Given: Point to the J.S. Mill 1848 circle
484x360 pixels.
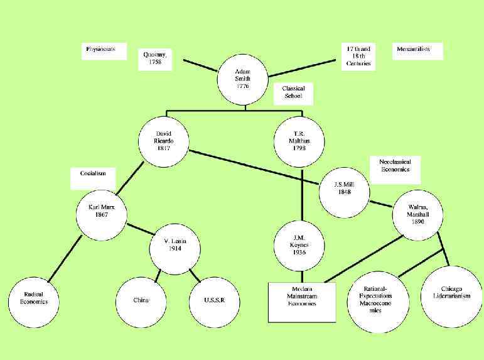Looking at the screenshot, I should click(x=343, y=188).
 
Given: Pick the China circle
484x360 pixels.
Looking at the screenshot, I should click(x=141, y=300).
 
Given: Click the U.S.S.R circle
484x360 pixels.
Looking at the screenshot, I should click(x=213, y=300).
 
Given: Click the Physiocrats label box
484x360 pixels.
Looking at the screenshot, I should click(x=100, y=50).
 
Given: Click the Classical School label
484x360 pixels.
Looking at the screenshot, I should click(x=293, y=92).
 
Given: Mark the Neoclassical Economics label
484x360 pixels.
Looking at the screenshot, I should click(x=394, y=166).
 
